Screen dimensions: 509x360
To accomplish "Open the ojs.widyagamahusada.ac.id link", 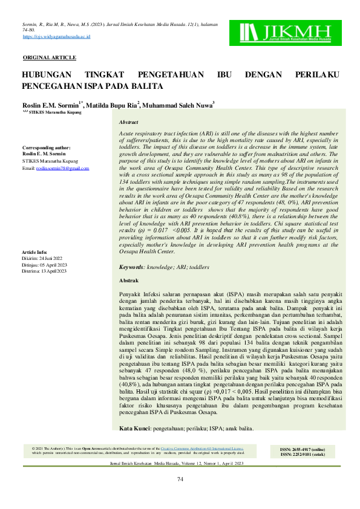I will tap(56, 37).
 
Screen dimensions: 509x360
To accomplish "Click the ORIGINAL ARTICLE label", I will tap(50, 57).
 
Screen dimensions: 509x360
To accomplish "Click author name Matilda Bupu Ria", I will tap(112, 105).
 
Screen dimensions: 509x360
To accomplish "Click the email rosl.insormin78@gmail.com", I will tap(67, 167).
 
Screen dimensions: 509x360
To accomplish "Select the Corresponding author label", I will tap(46, 148).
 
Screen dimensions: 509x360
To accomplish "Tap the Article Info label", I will tap(34, 251).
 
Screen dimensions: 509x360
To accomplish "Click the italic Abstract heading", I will tap(129, 122).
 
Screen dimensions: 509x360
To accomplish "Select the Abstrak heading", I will tap(129, 280).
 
